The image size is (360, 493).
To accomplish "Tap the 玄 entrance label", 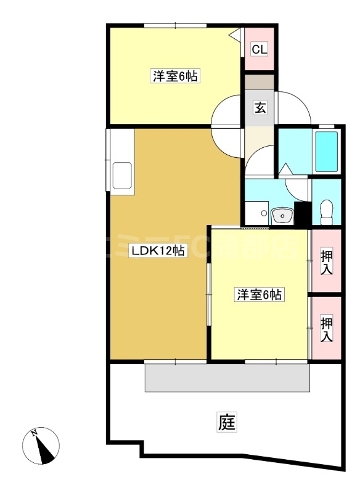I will point(260,108).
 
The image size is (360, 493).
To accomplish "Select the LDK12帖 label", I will point(157,251).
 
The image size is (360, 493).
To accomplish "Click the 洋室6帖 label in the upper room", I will point(175,77).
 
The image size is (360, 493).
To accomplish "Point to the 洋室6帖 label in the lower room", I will point(259,295).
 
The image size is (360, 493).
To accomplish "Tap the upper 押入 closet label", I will point(327,262).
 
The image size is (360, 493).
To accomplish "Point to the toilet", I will point(327,211).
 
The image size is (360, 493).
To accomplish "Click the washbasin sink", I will point(282,216).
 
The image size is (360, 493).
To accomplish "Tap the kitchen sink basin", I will point(121,177).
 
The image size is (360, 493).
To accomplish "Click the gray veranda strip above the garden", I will point(227,377).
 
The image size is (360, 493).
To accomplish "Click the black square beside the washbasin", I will point(301,214).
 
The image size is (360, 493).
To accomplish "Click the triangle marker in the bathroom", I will point(286,168).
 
